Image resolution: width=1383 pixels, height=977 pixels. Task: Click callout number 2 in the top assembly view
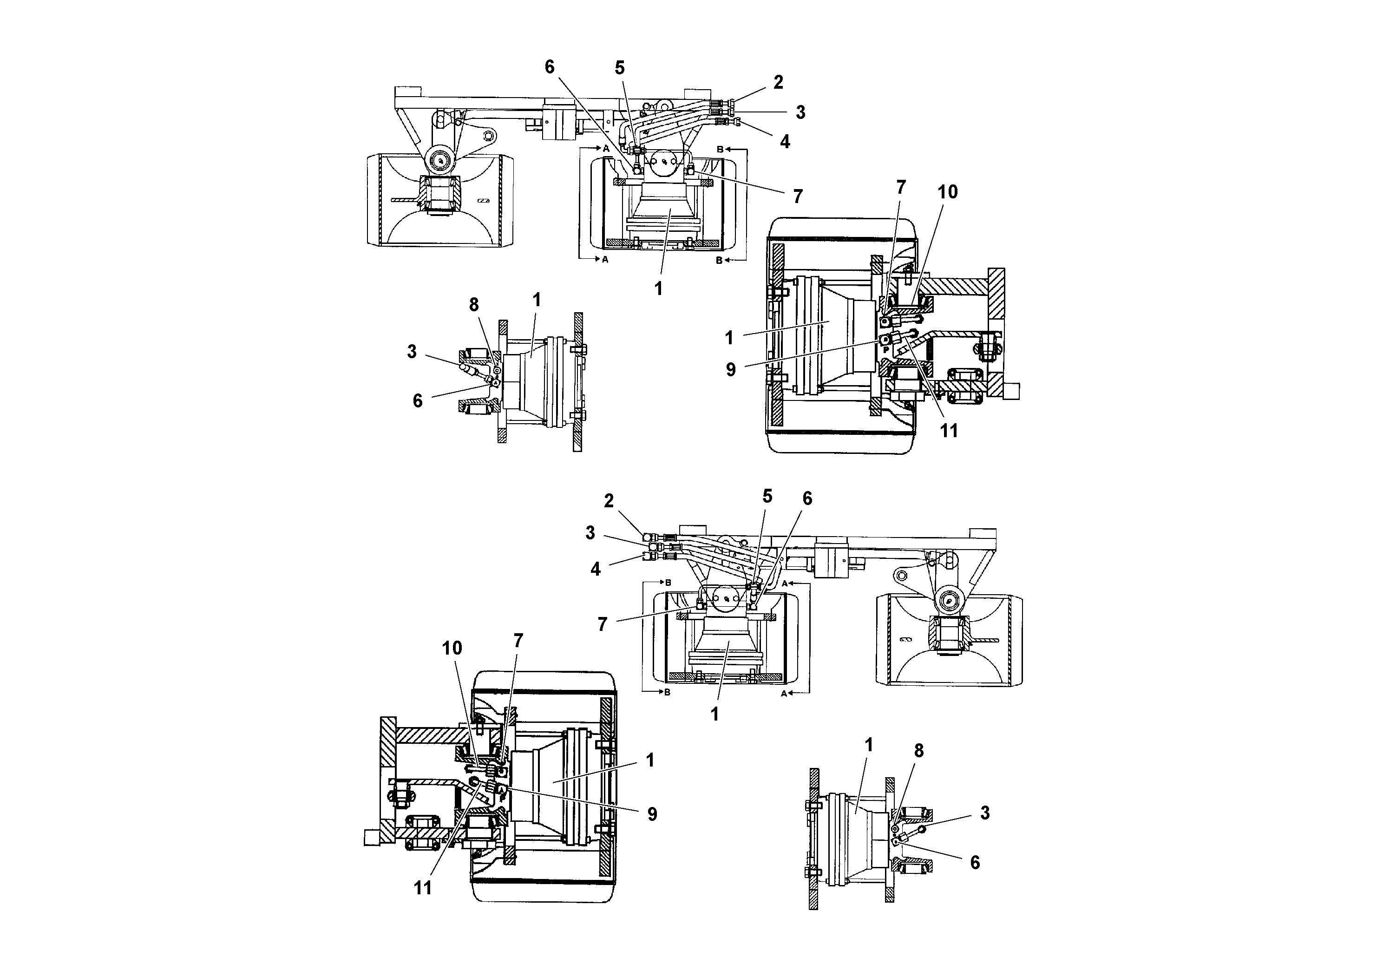coord(778,83)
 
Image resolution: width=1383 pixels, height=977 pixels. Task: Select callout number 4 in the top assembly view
coord(785,142)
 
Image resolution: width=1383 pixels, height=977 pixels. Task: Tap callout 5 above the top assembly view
coord(620,68)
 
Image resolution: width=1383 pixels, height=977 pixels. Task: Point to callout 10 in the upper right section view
coord(948,192)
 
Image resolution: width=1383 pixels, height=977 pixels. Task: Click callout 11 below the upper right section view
coord(949,431)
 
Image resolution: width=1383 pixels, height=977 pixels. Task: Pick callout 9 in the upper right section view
coord(731,370)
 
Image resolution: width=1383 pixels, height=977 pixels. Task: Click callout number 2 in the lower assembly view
coord(609,501)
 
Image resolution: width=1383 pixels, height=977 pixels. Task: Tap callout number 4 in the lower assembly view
coord(596,569)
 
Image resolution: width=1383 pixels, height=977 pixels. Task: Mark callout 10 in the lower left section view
coord(452,648)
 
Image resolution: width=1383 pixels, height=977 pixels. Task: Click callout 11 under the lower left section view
coord(423,888)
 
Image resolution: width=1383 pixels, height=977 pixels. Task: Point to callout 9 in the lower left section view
coord(652,814)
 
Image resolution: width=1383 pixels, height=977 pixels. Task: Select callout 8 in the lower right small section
coord(918,750)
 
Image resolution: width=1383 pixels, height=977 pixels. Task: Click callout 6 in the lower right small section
coord(975,863)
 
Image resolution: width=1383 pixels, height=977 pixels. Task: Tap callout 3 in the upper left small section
coord(412,352)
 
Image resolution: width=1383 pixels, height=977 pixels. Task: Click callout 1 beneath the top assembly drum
coord(658,289)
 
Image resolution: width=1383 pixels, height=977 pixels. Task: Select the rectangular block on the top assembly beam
coord(560,124)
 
